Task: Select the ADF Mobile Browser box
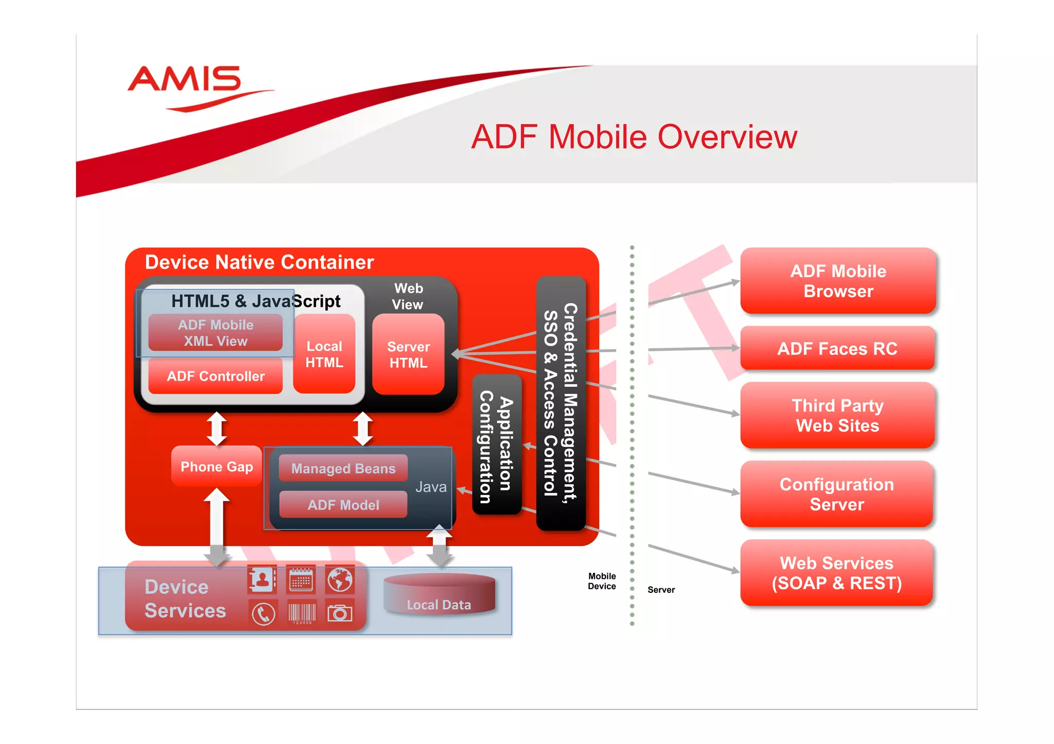[x=837, y=281]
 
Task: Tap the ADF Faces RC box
[x=837, y=349]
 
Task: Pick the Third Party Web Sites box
[x=837, y=415]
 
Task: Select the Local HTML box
[x=324, y=354]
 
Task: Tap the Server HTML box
[x=408, y=354]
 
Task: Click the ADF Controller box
[x=215, y=376]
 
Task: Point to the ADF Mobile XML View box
[x=215, y=333]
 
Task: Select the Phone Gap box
[x=217, y=466]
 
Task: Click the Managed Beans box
[x=343, y=468]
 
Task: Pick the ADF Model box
[x=343, y=505]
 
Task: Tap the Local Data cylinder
[x=439, y=596]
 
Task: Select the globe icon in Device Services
[x=340, y=579]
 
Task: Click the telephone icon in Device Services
[x=263, y=613]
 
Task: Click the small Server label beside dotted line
[x=661, y=590]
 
